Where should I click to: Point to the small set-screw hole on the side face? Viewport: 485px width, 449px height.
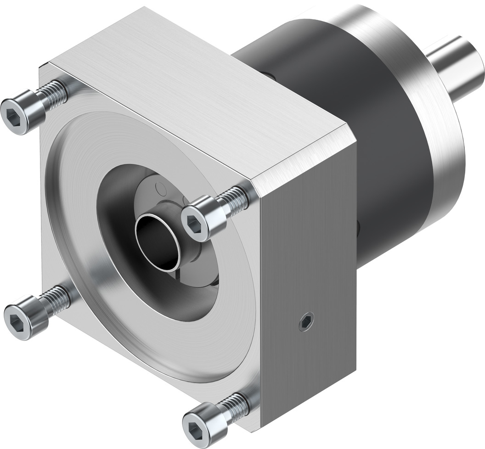306,321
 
